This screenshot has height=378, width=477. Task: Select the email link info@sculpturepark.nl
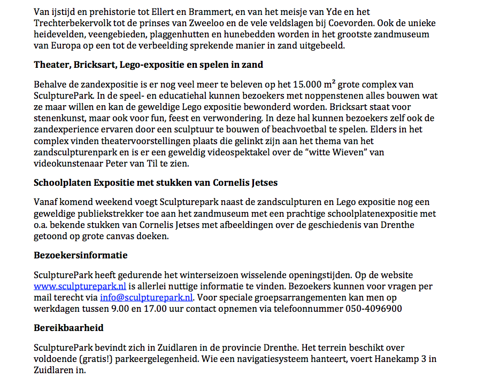coord(146,297)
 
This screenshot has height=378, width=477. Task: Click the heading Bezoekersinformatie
coord(80,255)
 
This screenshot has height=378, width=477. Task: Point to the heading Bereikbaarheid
coord(68,327)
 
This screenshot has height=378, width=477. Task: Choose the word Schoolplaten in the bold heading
coord(63,183)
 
